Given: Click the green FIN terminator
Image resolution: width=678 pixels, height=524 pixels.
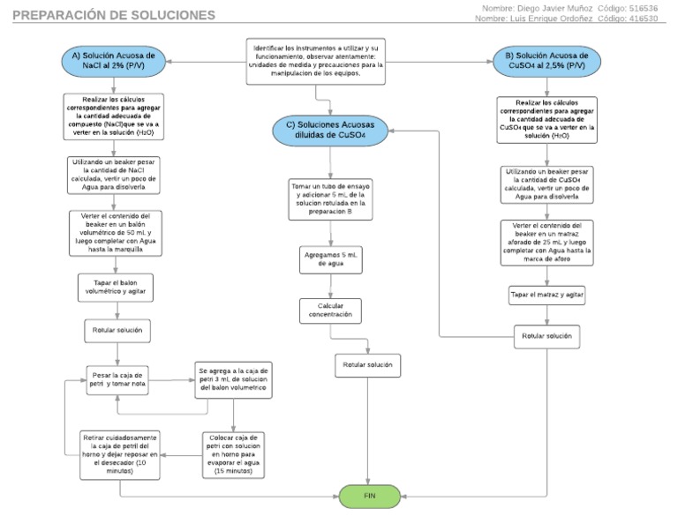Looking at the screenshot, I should tap(369, 496).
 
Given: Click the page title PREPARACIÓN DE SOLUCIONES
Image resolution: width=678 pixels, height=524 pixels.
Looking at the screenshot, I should tap(116, 16).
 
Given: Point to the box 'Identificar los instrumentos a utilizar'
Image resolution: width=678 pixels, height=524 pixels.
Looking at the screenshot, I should tap(317, 60).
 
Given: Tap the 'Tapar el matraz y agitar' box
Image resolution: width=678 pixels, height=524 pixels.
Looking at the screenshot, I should tap(546, 295).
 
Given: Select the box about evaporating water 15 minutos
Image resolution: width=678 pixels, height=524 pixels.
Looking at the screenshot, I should tap(233, 454).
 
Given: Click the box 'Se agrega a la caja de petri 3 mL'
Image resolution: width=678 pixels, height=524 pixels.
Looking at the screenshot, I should tap(233, 378).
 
